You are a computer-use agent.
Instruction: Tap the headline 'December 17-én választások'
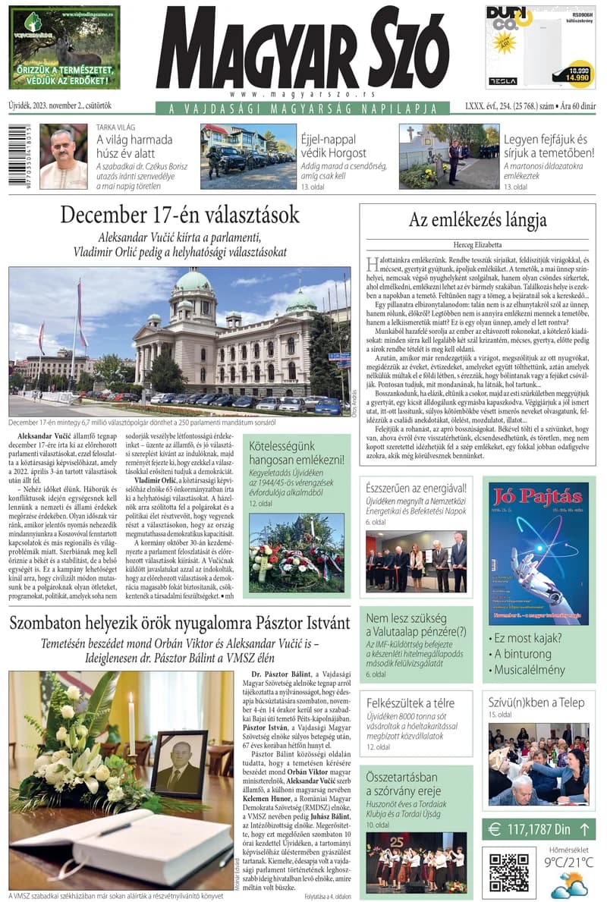[180, 215]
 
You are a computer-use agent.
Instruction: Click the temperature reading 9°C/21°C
[567, 863]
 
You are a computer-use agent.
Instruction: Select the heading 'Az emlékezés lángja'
[477, 221]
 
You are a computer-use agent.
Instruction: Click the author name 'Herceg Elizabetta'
[477, 245]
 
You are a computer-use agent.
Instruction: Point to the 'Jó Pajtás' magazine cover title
[538, 500]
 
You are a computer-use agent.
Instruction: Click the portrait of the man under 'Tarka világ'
[64, 156]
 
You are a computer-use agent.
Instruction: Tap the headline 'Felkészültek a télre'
[410, 702]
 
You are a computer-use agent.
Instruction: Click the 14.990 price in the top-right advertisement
[579, 77]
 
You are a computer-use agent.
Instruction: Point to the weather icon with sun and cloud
[567, 885]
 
